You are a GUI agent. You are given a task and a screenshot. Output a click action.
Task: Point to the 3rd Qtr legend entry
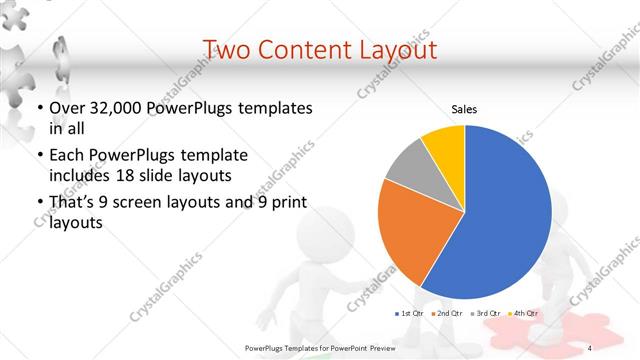[487, 314]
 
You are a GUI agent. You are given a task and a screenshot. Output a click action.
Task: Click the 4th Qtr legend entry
[524, 314]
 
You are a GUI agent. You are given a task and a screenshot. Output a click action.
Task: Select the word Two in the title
[227, 48]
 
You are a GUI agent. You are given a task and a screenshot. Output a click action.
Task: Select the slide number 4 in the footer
[590, 347]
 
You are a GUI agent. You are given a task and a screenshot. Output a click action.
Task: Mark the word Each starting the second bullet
[66, 156]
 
